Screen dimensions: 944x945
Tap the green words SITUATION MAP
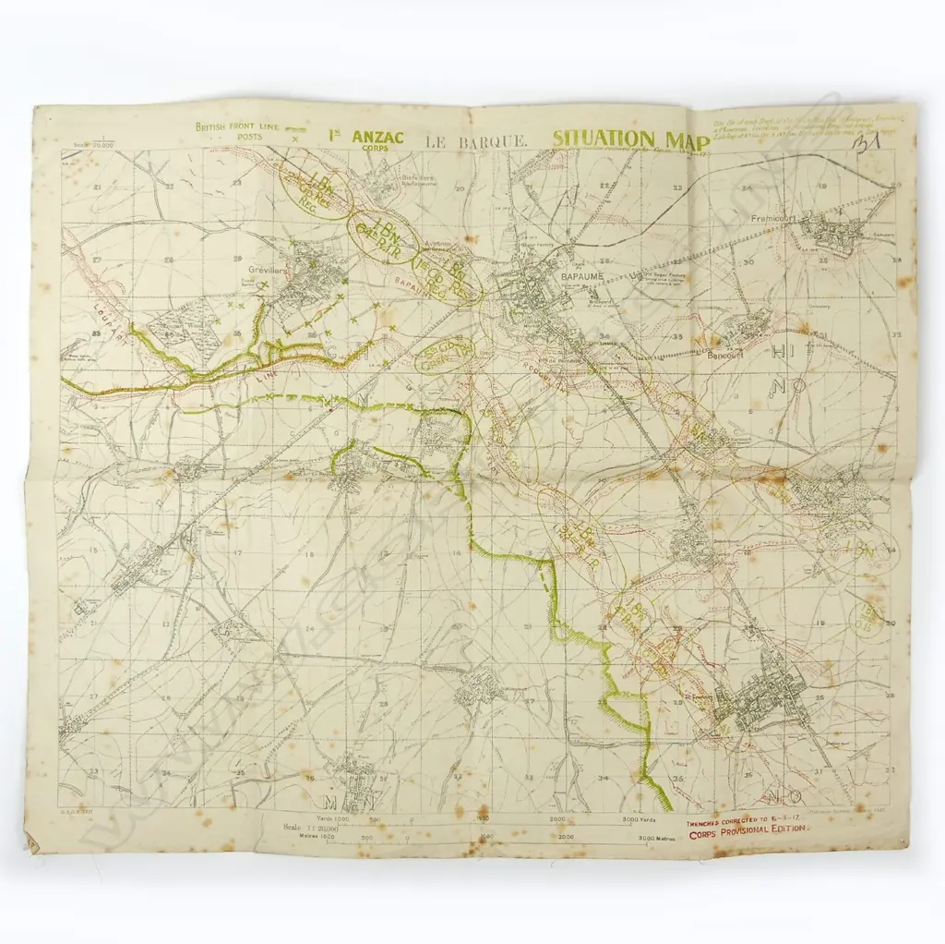click(x=631, y=139)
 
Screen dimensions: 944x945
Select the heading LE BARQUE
click(x=476, y=141)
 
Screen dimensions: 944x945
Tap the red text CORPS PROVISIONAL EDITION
click(x=748, y=829)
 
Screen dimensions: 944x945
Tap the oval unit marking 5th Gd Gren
click(x=445, y=356)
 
